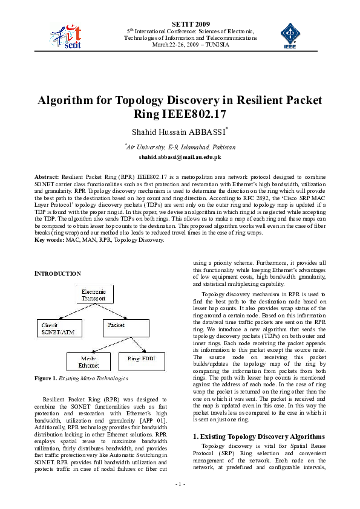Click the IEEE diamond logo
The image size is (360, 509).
point(290,34)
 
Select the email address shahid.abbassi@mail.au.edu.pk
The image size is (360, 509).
point(180,157)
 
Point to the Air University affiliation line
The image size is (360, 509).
point(180,147)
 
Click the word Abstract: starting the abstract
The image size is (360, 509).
point(47,176)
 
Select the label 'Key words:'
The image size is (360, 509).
point(49,240)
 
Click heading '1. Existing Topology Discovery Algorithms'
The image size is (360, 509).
point(258,436)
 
